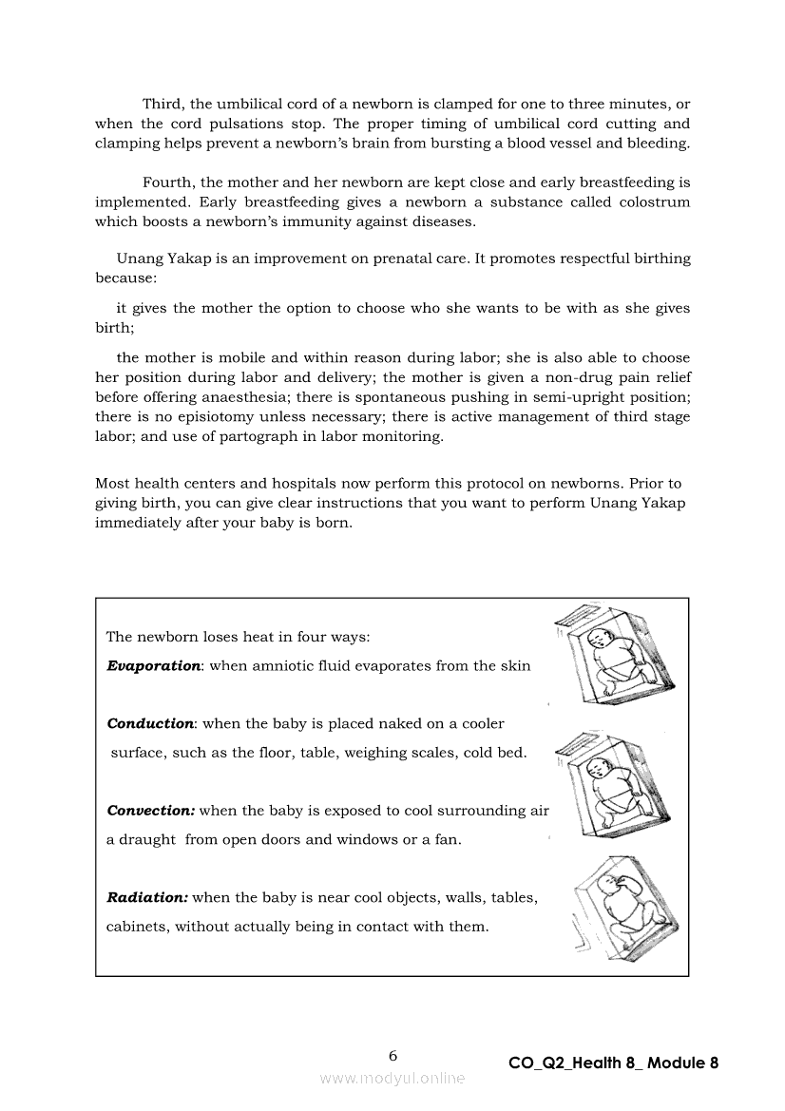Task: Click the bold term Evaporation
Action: click(153, 666)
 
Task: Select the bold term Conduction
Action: click(150, 724)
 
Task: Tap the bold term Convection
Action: click(151, 811)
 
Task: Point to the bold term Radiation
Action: click(147, 897)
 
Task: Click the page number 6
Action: click(393, 1055)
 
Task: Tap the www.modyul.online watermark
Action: click(392, 1078)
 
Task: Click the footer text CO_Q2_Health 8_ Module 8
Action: click(613, 1063)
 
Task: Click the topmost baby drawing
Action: click(615, 657)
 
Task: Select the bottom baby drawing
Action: click(624, 908)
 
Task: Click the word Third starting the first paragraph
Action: click(163, 104)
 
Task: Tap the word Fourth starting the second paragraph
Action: click(168, 182)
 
